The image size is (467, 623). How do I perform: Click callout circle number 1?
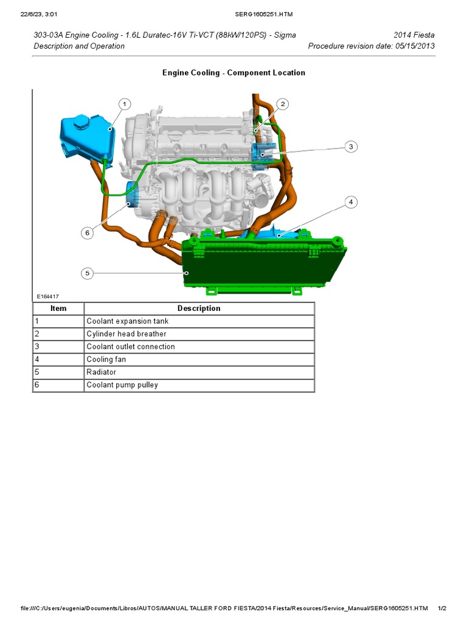click(x=124, y=105)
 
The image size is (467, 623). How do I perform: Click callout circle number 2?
click(x=282, y=105)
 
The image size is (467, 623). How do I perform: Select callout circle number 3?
click(x=350, y=146)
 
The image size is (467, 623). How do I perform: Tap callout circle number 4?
click(x=350, y=202)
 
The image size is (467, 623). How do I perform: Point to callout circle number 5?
click(x=88, y=273)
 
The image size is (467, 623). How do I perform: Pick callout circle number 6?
click(x=88, y=232)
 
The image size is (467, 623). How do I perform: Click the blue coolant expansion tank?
click(x=85, y=137)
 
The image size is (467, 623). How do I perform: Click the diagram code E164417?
click(x=47, y=296)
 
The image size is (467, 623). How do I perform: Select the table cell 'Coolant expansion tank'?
click(x=128, y=321)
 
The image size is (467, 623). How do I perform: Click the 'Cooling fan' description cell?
click(x=106, y=360)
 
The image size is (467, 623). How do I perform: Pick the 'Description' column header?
click(x=199, y=308)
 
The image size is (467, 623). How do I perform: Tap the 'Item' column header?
click(x=58, y=308)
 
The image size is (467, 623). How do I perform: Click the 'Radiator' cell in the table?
click(x=102, y=372)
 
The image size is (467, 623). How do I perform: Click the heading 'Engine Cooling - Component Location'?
click(x=233, y=73)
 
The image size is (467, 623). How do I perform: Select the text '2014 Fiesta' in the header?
click(x=415, y=35)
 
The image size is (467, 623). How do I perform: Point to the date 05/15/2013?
click(x=413, y=46)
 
